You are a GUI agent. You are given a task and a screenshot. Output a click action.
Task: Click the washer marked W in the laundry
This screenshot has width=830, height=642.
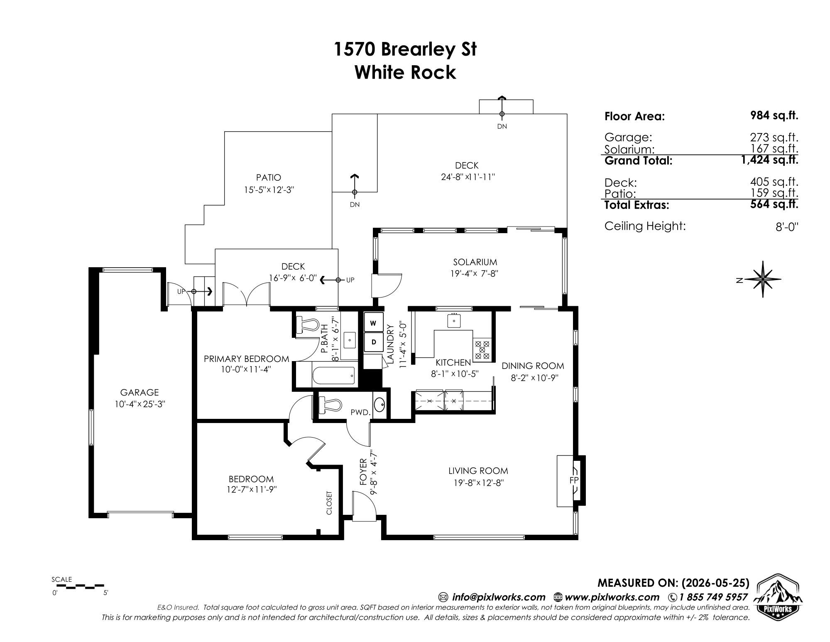coord(373,322)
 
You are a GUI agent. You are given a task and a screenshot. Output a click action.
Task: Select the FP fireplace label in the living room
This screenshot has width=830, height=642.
coord(574,480)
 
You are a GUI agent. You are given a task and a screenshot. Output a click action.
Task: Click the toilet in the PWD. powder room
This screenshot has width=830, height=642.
coord(330,404)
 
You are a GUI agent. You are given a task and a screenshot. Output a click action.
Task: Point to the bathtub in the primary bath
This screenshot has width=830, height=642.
coord(333,376)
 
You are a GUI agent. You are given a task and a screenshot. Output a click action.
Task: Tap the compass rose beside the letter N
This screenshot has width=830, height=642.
coord(763,279)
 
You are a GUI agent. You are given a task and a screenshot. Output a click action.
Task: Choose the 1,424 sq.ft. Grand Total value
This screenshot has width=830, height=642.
coord(769,160)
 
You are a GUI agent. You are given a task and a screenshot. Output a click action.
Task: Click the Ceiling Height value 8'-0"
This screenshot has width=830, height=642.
coord(787,227)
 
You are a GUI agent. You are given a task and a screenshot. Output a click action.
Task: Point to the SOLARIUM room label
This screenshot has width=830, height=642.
coord(475,262)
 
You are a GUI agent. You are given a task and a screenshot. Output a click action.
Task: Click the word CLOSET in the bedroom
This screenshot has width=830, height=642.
coord(329,503)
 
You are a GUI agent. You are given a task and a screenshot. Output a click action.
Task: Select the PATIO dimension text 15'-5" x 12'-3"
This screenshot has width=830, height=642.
coord(269,190)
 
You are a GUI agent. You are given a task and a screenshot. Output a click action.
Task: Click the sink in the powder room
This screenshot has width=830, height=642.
coord(379,404)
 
